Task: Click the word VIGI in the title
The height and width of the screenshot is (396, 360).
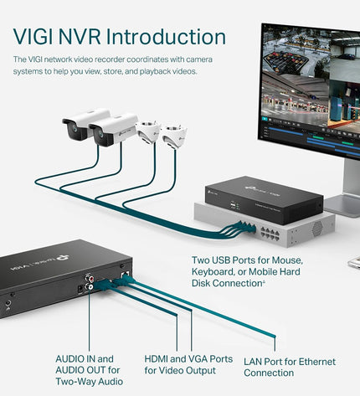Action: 33,37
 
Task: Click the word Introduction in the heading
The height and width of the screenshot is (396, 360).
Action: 166,37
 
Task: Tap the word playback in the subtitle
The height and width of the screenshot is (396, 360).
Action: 155,71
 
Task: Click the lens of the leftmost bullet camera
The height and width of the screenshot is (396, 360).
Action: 75,128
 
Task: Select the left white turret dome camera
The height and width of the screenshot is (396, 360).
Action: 147,131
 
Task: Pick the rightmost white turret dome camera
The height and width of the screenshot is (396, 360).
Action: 174,136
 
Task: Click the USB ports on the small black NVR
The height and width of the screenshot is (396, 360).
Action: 232,205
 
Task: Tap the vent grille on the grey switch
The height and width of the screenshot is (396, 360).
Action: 317,229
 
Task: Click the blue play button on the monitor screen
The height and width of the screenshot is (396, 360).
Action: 265,119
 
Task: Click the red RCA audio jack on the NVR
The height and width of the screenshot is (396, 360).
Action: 88,278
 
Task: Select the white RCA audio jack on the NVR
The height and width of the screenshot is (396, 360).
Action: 90,286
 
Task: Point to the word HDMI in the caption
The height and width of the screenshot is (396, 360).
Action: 156,358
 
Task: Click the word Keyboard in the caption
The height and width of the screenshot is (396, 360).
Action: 213,272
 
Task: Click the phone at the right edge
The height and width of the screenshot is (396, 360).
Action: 354,263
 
